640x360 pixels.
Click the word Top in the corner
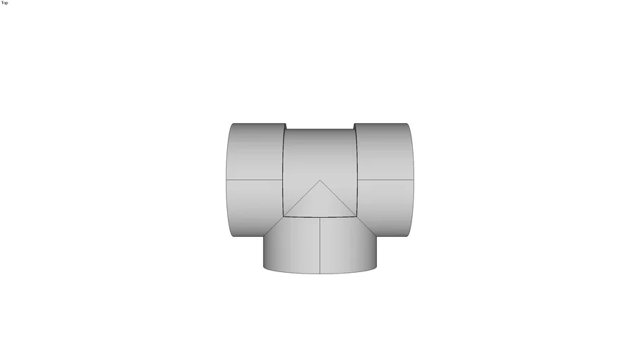coord(5,3)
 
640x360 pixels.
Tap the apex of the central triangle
coord(320,180)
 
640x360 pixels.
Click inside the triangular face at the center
coord(320,202)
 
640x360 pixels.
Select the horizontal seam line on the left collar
coord(255,180)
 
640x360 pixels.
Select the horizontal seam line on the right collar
coord(385,180)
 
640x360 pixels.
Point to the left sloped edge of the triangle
coord(302,198)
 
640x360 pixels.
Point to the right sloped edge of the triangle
coord(338,198)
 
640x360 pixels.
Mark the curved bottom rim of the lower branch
coord(320,273)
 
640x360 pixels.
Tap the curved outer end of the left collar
coord(227,180)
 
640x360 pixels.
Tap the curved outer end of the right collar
coord(413,180)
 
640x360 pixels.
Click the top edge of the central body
coord(320,129)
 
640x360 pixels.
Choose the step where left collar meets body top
coord(285,127)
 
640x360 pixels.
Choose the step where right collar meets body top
coord(354,127)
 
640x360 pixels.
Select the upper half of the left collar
coord(255,151)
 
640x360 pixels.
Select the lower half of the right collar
coord(385,207)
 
